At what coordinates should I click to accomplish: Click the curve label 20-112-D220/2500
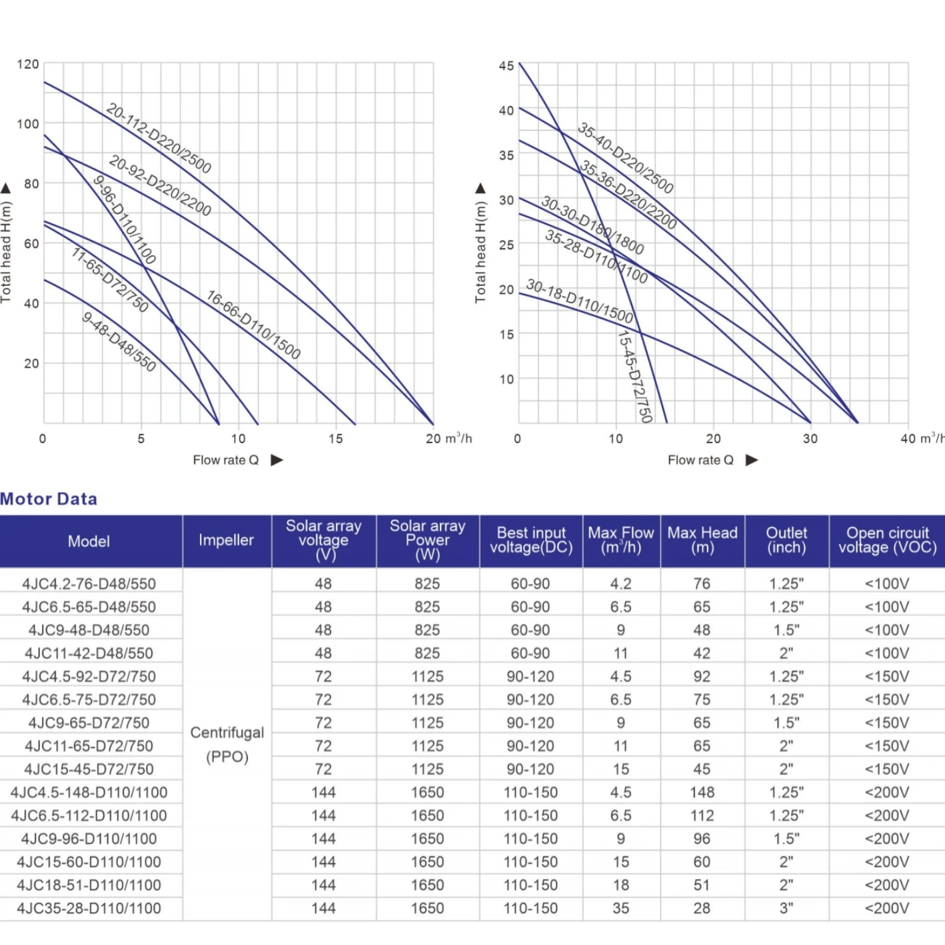point(159,139)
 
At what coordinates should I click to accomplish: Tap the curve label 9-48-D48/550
point(119,342)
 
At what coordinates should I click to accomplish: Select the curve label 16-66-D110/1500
point(253,325)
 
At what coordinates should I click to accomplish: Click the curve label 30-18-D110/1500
point(579,301)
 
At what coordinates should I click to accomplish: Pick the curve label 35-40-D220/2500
point(625,158)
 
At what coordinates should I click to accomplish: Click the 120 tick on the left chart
point(28,65)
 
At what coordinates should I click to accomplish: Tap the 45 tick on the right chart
point(506,66)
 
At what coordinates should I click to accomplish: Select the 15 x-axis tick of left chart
point(335,439)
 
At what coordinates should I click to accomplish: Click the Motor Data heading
point(49,498)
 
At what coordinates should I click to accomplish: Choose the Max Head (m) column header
point(702,540)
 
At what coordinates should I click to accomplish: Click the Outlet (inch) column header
point(786,540)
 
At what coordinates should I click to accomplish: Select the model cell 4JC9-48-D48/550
point(89,630)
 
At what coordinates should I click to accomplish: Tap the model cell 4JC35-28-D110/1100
point(89,908)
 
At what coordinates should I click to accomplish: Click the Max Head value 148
point(702,792)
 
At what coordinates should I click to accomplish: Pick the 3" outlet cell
point(786,908)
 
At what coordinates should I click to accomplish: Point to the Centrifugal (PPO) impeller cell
point(227,744)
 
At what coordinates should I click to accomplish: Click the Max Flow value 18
point(621,885)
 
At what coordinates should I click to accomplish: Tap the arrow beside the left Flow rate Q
point(277,460)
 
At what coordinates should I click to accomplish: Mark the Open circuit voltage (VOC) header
point(887,540)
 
